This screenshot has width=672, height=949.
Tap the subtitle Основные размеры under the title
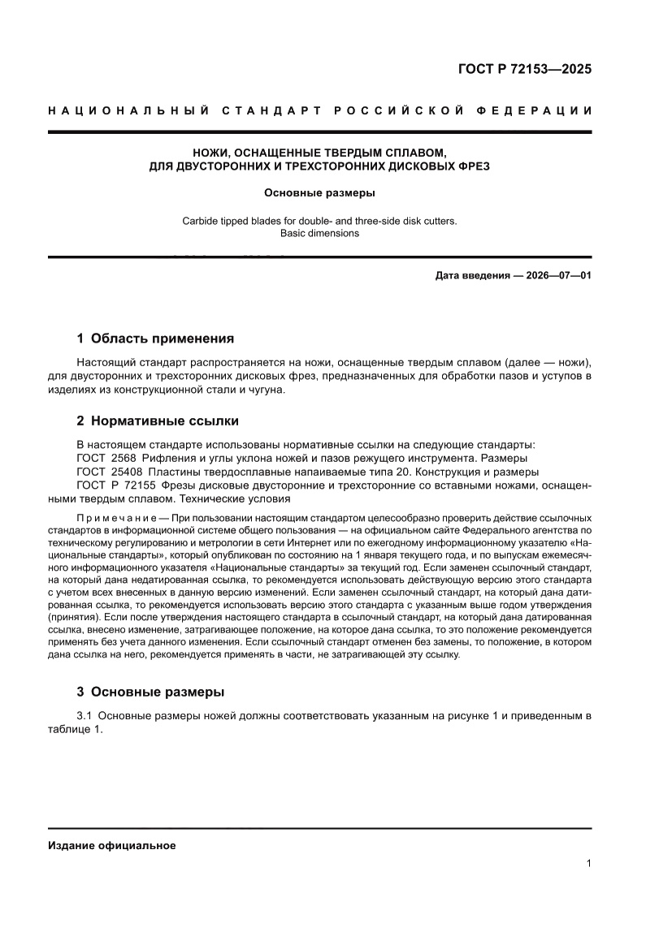(x=319, y=193)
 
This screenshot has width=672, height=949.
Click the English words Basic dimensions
(x=319, y=233)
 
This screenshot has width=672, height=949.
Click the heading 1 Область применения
(x=155, y=339)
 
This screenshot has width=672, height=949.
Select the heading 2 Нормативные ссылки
(x=157, y=421)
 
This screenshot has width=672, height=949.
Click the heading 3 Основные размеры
(x=150, y=692)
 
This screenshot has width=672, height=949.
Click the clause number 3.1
(x=85, y=715)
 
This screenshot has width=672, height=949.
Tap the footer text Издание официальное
(x=112, y=845)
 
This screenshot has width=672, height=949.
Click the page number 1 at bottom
(x=588, y=864)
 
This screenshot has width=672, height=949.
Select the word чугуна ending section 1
(x=265, y=390)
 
